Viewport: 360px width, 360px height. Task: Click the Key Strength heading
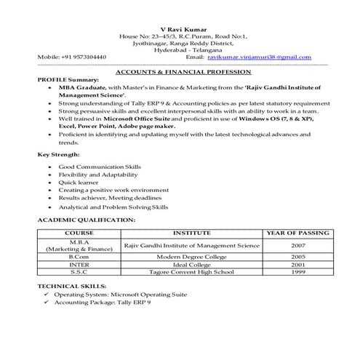click(58, 155)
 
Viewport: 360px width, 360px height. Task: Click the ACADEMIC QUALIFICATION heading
click(86, 218)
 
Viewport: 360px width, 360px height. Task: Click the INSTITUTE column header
click(191, 233)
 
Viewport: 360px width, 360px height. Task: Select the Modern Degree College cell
click(191, 257)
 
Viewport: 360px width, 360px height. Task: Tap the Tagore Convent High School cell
click(191, 273)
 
